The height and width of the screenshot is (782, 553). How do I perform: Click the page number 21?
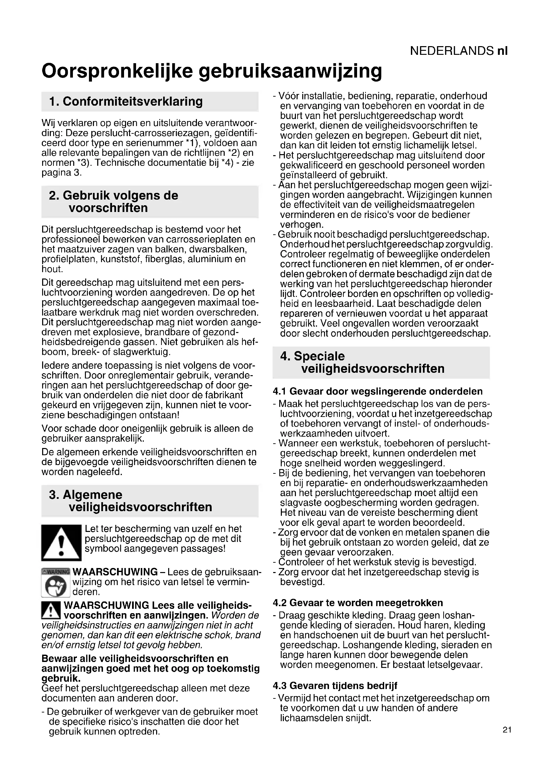pos(507,730)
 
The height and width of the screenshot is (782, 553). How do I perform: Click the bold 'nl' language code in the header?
pos(502,51)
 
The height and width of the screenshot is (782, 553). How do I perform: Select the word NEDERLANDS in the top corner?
pos(451,51)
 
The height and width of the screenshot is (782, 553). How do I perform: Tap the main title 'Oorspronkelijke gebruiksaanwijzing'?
pos(211,71)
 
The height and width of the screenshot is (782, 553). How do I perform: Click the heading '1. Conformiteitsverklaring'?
pos(126,102)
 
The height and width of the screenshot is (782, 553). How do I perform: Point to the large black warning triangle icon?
pos(61,543)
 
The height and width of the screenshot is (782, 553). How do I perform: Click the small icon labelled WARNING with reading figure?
pos(56,583)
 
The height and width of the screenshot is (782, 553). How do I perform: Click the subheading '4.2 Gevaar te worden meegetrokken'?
pos(357,603)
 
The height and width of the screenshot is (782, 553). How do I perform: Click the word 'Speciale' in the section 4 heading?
pos(319,356)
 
